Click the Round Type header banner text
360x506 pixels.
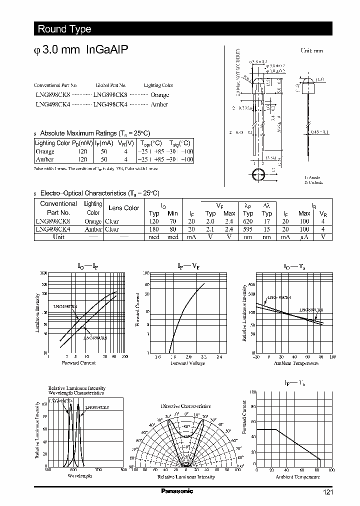point(64,29)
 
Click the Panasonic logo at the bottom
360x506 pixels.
point(177,491)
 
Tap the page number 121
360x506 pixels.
point(327,492)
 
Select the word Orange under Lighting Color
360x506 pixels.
point(159,94)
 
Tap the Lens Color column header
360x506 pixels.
point(124,208)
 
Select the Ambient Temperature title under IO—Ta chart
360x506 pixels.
point(296,363)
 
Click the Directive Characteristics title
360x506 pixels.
point(185,406)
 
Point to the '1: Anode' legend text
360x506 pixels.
point(312,177)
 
